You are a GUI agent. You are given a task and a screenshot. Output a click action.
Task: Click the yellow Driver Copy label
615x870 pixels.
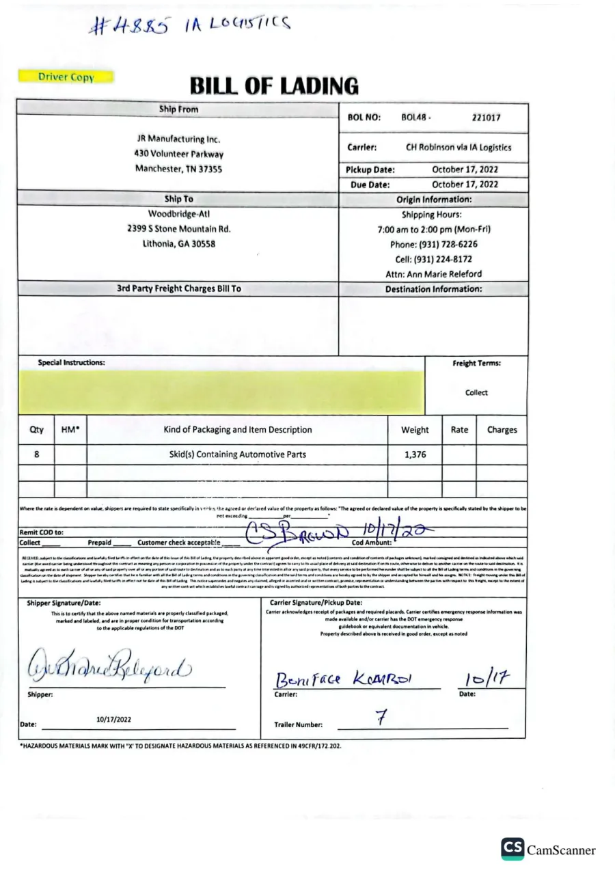pos(66,77)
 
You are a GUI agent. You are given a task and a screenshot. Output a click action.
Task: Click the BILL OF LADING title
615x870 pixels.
pos(274,86)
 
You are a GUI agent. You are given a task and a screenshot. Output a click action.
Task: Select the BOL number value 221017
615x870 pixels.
pos(486,118)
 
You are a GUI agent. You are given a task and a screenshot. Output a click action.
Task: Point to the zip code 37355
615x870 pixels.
pos(208,169)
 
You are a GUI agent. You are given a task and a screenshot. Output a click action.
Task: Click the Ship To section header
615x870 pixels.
pos(178,200)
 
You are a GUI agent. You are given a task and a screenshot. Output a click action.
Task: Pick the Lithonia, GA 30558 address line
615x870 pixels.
pos(179,244)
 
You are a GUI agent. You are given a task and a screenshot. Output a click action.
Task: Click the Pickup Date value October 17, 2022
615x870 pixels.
pos(465,169)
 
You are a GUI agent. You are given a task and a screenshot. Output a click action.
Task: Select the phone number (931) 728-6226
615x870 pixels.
pos(433,244)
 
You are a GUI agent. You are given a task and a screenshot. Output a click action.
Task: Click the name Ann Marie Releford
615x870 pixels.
pos(451,274)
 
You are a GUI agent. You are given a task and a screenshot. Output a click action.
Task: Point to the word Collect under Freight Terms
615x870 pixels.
pos(476,393)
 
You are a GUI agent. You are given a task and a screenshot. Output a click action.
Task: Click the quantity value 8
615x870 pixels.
pos(36,454)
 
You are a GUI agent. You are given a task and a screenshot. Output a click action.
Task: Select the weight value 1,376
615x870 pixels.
pos(415,454)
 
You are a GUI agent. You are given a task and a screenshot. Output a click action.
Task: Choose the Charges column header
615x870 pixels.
pos(502,430)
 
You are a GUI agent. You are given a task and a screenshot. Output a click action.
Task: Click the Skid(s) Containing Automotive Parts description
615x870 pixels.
pos(237,454)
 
